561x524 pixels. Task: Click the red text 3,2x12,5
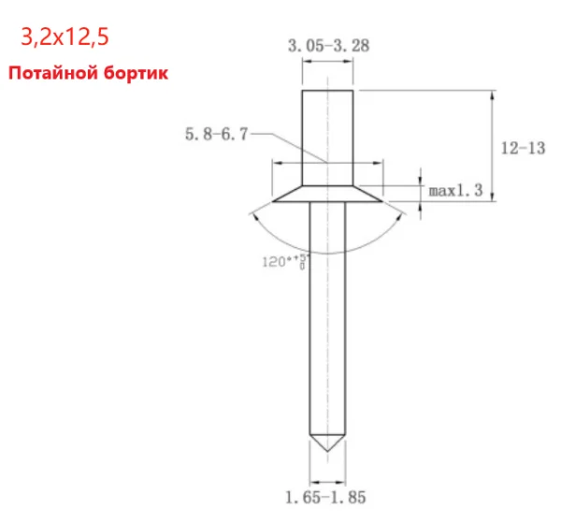(x=65, y=36)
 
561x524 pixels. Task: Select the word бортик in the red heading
(x=136, y=73)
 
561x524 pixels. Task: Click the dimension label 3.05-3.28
(x=328, y=46)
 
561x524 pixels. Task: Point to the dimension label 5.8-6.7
(x=217, y=135)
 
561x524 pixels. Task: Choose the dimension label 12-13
(x=523, y=148)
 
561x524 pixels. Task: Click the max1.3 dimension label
(x=455, y=190)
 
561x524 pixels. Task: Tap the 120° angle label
(x=284, y=261)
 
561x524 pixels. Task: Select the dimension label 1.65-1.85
(x=325, y=497)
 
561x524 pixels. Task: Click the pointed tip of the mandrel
(x=327, y=450)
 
